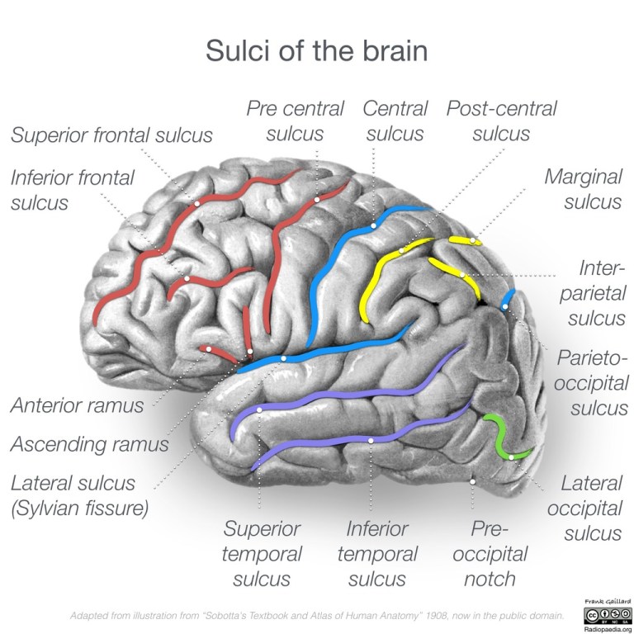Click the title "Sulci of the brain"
pos(316,51)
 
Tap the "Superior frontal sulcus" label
pos(111,135)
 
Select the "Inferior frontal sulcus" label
pos(72,190)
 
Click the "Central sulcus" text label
pos(395,121)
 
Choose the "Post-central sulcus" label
pos(501,121)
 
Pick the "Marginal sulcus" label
pos(583,188)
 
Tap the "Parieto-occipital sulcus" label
pos(592,383)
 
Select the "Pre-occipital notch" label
pos(494,553)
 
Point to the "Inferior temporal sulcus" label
pos(376,553)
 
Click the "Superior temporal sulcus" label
pos(262,553)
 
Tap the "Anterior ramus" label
pos(77,405)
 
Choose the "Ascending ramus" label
pos(89,443)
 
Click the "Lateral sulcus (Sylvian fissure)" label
pos(78,495)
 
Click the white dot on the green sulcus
pos(512,456)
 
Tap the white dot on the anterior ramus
pos(210,350)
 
